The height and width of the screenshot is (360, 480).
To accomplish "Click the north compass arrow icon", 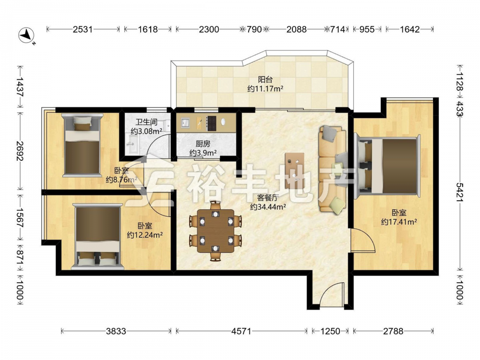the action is pyautogui.click(x=27, y=36).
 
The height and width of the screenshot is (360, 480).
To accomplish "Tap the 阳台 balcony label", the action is pyautogui.click(x=265, y=80).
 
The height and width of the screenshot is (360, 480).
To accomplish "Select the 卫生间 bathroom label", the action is pyautogui.click(x=146, y=122).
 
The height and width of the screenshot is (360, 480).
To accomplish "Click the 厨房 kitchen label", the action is pyautogui.click(x=203, y=144).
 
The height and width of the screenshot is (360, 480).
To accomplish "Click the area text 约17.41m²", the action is pyautogui.click(x=399, y=221).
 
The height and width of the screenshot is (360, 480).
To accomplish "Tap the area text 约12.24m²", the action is pyautogui.click(x=144, y=235).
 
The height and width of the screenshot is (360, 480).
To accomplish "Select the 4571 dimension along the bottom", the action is pyautogui.click(x=241, y=331).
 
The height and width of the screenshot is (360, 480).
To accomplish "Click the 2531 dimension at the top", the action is pyautogui.click(x=83, y=29).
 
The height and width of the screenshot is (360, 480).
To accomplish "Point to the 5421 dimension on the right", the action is pyautogui.click(x=460, y=192).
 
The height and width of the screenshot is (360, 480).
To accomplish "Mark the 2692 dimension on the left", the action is pyautogui.click(x=20, y=151).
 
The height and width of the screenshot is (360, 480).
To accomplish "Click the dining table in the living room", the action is pyautogui.click(x=216, y=231).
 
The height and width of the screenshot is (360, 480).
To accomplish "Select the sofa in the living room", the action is pyautogui.click(x=333, y=169).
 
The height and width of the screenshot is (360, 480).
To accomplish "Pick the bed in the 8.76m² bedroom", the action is pyautogui.click(x=82, y=145).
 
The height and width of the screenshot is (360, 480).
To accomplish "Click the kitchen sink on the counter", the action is pyautogui.click(x=185, y=122).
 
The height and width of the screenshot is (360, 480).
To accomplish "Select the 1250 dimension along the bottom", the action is pyautogui.click(x=330, y=331).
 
